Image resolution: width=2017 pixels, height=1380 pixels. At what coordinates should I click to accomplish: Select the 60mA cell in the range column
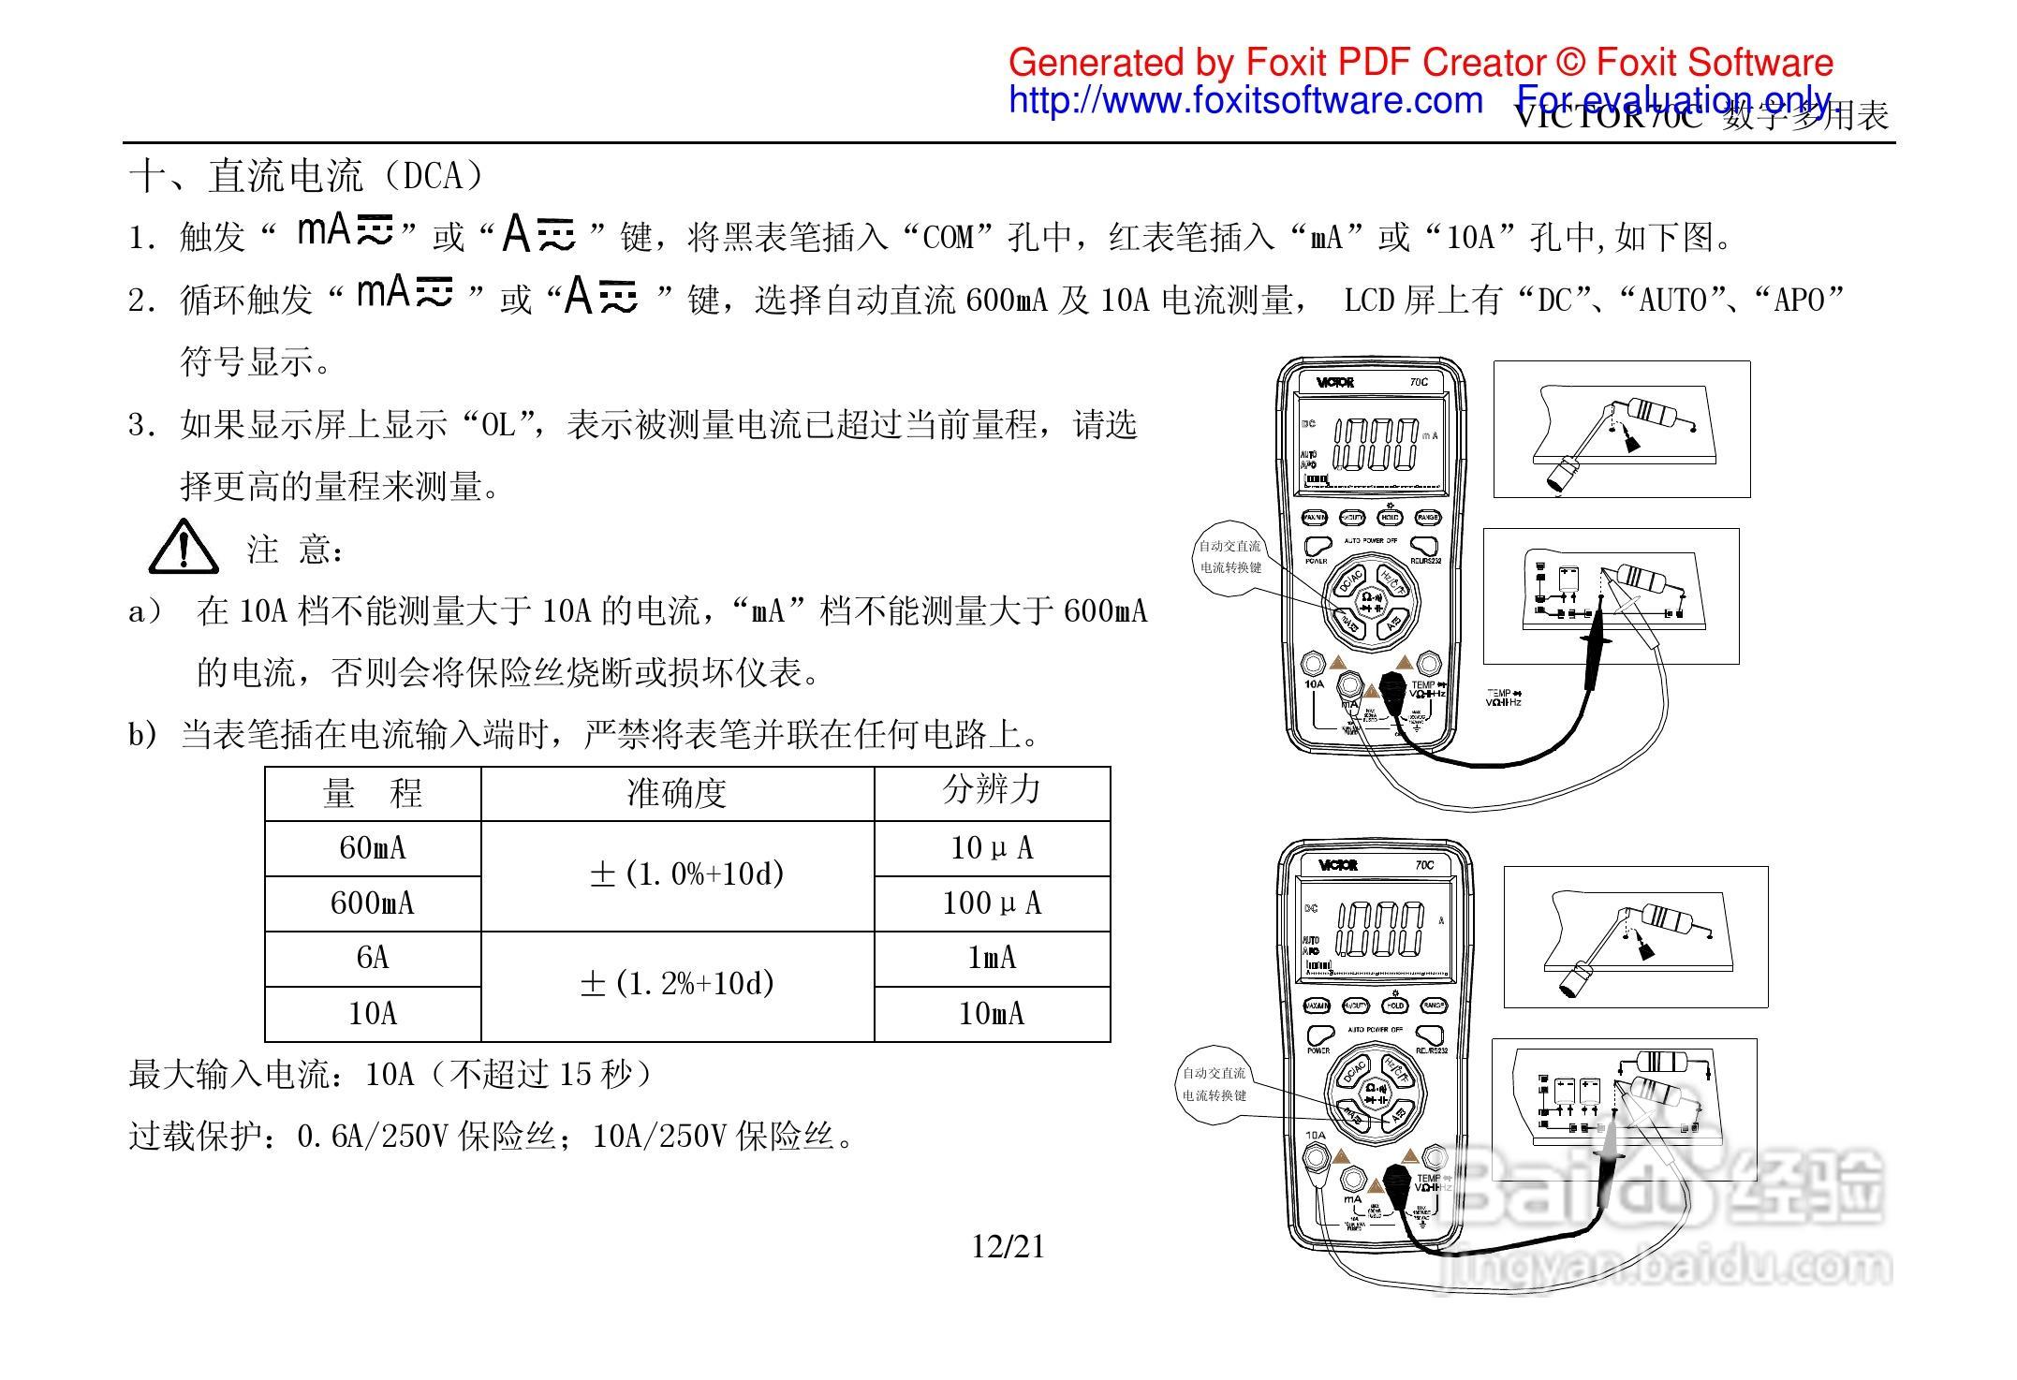click(373, 848)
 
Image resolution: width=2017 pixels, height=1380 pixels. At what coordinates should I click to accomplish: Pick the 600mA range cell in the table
click(373, 903)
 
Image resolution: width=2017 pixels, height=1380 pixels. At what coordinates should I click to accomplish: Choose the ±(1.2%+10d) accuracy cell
click(677, 984)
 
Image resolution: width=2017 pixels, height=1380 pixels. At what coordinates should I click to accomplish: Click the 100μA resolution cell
click(992, 903)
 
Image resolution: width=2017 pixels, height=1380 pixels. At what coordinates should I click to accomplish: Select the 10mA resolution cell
click(992, 1014)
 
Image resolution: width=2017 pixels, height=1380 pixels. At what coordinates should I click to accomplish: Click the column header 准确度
click(676, 794)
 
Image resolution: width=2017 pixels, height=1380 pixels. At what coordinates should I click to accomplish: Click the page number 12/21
click(1008, 1247)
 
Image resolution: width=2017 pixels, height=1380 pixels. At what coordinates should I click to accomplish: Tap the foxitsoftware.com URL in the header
click(1245, 100)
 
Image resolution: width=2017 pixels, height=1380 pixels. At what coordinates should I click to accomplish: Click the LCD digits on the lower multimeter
click(1380, 929)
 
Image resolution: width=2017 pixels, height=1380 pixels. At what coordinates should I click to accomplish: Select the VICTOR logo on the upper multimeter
click(1334, 382)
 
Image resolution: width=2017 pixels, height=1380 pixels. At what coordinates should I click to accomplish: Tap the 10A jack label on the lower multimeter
click(1316, 1136)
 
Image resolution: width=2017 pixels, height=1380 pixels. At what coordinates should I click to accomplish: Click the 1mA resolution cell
click(992, 958)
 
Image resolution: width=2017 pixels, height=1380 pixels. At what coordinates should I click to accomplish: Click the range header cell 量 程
click(373, 794)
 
